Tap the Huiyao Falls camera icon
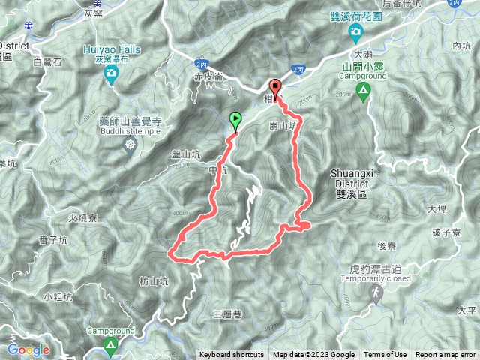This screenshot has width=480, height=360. (112, 73)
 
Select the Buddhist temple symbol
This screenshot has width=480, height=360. (131, 143)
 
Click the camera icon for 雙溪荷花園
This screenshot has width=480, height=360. (355, 31)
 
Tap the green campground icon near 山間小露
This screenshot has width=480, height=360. (364, 92)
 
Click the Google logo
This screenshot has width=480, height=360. (28, 349)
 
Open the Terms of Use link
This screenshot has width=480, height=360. (385, 355)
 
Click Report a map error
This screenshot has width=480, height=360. (445, 355)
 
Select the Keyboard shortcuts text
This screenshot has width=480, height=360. (231, 355)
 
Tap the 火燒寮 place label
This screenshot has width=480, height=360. (82, 219)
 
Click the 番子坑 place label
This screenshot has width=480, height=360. (52, 241)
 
